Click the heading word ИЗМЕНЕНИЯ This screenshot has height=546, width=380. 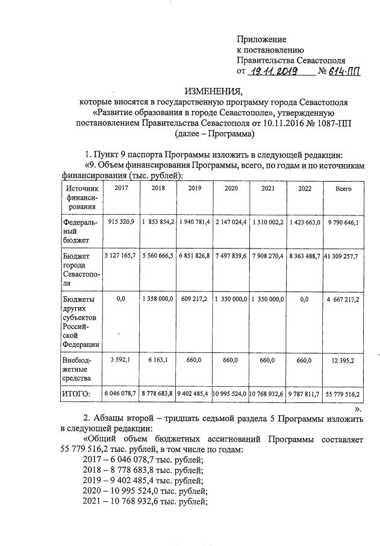point(213,92)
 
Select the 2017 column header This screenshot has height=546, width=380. point(121,188)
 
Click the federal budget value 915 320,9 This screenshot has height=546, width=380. point(121,222)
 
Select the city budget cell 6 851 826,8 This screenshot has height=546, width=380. point(194,256)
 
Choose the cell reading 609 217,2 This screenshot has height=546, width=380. point(194,298)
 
